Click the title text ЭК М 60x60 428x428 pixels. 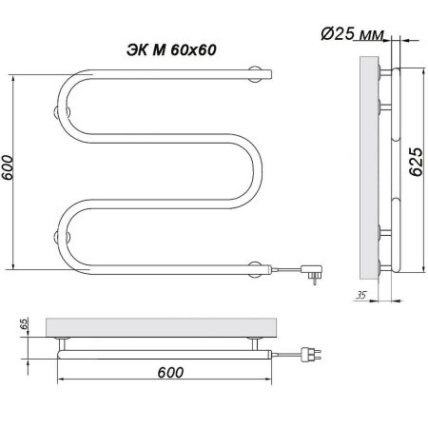tap(171, 50)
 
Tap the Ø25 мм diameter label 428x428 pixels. tap(353, 33)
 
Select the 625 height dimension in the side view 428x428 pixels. tap(416, 162)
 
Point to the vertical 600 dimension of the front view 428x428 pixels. tap(8, 167)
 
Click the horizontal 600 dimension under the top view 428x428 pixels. tap(170, 372)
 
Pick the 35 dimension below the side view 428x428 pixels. tap(360, 295)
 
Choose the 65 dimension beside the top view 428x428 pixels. tap(24, 323)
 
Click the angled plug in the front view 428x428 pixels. tap(312, 274)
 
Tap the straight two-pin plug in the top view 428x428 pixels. tap(311, 354)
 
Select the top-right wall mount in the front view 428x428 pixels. tap(255, 74)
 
